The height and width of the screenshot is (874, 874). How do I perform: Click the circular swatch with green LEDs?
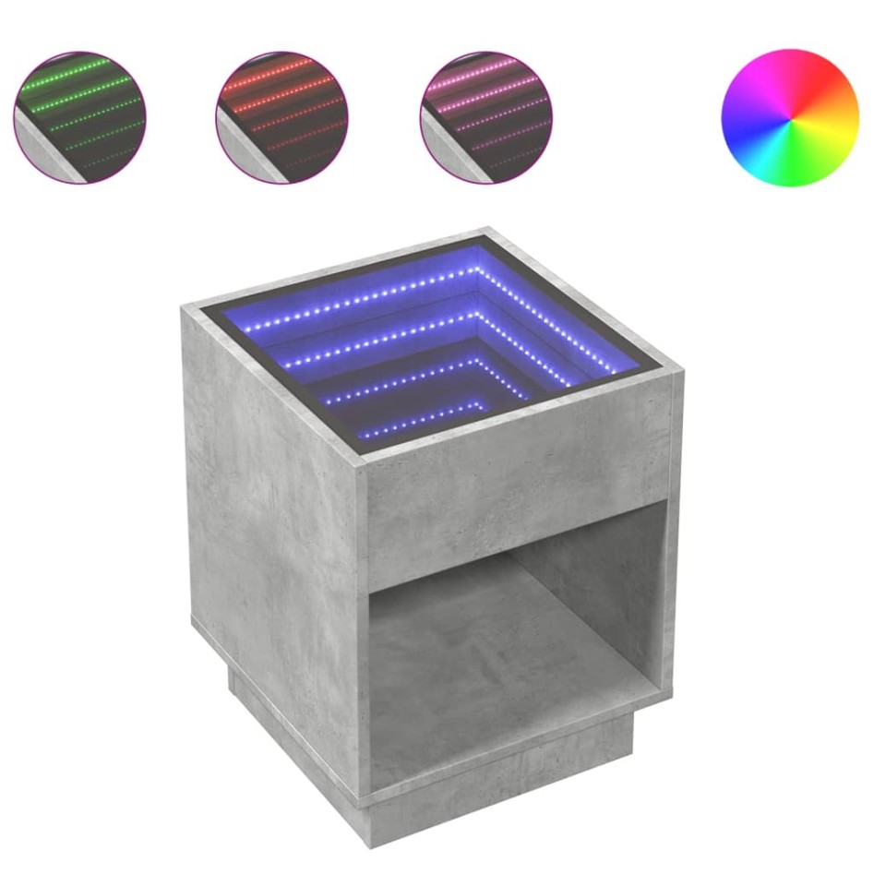tap(79, 117)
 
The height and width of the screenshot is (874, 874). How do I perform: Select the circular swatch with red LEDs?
tap(281, 117)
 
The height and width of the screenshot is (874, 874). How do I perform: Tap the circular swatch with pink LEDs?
tap(485, 117)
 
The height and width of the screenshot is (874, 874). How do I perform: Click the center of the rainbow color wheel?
tap(789, 117)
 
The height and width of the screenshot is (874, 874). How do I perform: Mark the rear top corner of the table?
tap(487, 231)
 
